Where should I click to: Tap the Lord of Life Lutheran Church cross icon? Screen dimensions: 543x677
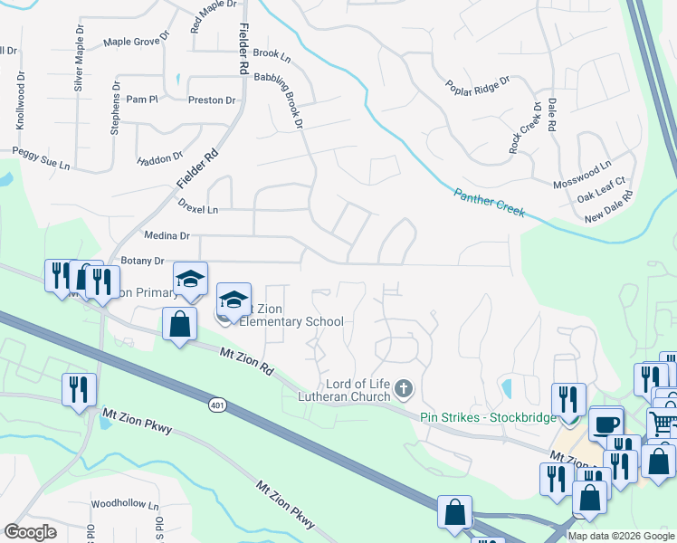[x=404, y=389]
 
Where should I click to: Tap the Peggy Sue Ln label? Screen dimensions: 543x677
[x=41, y=158]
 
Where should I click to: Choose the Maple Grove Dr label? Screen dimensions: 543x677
[x=136, y=41]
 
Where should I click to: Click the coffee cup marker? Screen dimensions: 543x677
[x=605, y=424]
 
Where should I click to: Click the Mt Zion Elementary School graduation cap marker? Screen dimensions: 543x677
[x=234, y=299]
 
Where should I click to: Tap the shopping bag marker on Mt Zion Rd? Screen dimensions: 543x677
[x=180, y=323]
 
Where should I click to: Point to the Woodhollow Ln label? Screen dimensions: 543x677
[x=125, y=505]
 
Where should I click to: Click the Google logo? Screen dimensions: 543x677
[x=30, y=532]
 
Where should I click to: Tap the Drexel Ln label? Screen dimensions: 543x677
[x=199, y=209]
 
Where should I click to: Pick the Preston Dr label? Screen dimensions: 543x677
[x=212, y=100]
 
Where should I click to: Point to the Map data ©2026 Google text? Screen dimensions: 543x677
[x=621, y=536]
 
